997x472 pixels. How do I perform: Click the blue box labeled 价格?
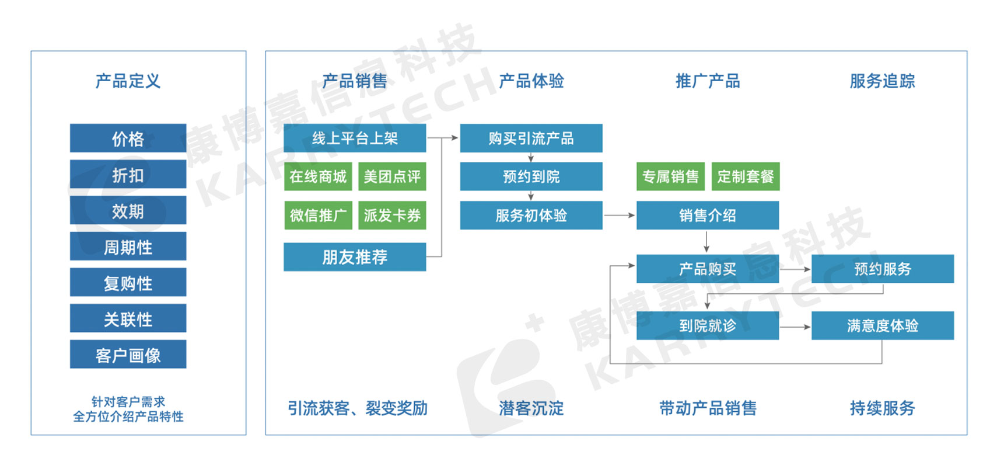(x=128, y=138)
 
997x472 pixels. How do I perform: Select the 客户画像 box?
(x=128, y=355)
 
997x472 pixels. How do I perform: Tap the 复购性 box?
(x=128, y=283)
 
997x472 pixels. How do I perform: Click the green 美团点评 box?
(x=392, y=176)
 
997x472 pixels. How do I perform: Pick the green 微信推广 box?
(x=318, y=216)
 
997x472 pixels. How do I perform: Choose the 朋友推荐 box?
(x=355, y=257)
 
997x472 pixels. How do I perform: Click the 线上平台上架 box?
(x=355, y=138)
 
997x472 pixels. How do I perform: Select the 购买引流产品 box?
(x=531, y=138)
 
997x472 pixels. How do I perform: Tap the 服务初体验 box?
(x=531, y=216)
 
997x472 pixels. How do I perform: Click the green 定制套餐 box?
(x=745, y=176)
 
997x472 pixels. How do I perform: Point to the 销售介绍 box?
(x=707, y=216)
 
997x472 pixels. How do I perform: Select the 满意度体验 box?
(x=882, y=325)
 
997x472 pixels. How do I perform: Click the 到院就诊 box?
(x=707, y=325)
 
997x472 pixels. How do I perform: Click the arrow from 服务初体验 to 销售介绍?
(x=619, y=216)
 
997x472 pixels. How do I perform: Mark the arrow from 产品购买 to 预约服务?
(x=795, y=269)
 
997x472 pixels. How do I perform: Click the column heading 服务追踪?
(x=882, y=81)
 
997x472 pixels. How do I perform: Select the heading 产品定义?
(x=128, y=81)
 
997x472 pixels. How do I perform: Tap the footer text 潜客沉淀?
(x=531, y=408)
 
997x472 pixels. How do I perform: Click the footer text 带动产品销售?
(x=707, y=408)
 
